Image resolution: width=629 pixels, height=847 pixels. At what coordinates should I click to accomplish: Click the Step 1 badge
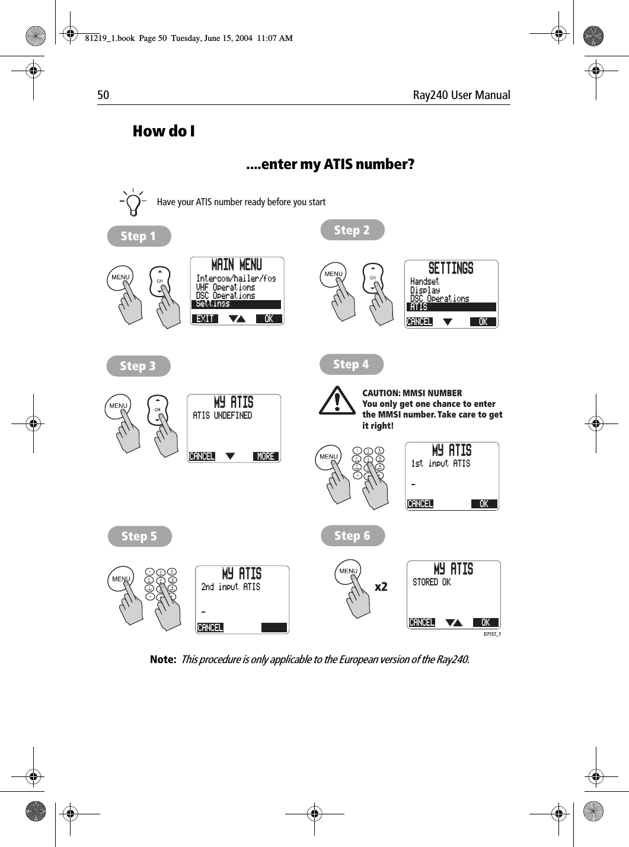point(139,236)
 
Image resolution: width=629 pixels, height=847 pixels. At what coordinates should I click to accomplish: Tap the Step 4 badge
point(351,364)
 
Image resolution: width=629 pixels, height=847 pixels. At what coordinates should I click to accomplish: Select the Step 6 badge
point(352,536)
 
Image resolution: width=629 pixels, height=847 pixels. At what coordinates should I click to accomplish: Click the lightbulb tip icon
point(133,202)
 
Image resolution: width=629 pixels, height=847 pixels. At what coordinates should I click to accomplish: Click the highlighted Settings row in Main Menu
point(236,304)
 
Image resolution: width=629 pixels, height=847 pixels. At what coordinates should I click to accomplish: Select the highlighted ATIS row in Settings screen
point(451,307)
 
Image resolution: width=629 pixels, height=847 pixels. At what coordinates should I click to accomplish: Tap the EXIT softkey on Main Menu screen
point(205,319)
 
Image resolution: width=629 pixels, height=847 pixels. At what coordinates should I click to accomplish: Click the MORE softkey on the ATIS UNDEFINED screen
point(266,456)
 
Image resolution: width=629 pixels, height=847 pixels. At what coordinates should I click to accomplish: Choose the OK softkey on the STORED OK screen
point(486,622)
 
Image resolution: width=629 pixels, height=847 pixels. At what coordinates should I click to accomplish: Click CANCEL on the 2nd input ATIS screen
point(210,628)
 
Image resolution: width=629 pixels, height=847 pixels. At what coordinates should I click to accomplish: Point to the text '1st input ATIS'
point(440,464)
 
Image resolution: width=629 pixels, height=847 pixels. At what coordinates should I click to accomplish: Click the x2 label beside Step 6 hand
point(381,587)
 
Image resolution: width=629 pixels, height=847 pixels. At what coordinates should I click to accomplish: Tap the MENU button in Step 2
point(333,274)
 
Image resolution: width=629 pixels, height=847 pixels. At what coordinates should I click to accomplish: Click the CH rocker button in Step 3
point(158,409)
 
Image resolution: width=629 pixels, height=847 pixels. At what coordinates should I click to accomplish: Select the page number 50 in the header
point(103,95)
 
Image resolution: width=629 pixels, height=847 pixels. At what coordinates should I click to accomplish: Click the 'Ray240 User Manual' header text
point(461,95)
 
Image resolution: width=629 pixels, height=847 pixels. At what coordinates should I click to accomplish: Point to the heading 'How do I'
point(164,131)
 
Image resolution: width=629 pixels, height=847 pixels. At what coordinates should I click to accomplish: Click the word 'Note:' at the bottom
point(163,660)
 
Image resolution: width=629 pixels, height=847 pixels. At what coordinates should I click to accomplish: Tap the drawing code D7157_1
point(491,634)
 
